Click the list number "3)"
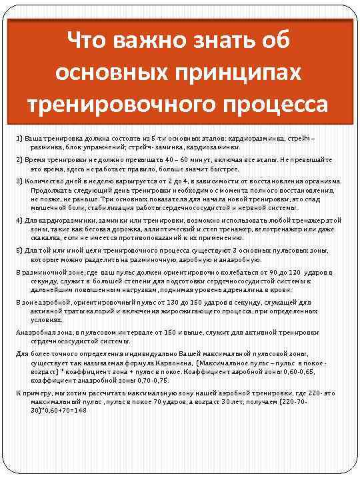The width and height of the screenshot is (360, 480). click(x=20, y=181)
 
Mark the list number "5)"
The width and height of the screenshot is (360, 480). click(x=20, y=251)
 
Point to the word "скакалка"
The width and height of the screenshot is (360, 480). click(x=46, y=237)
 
